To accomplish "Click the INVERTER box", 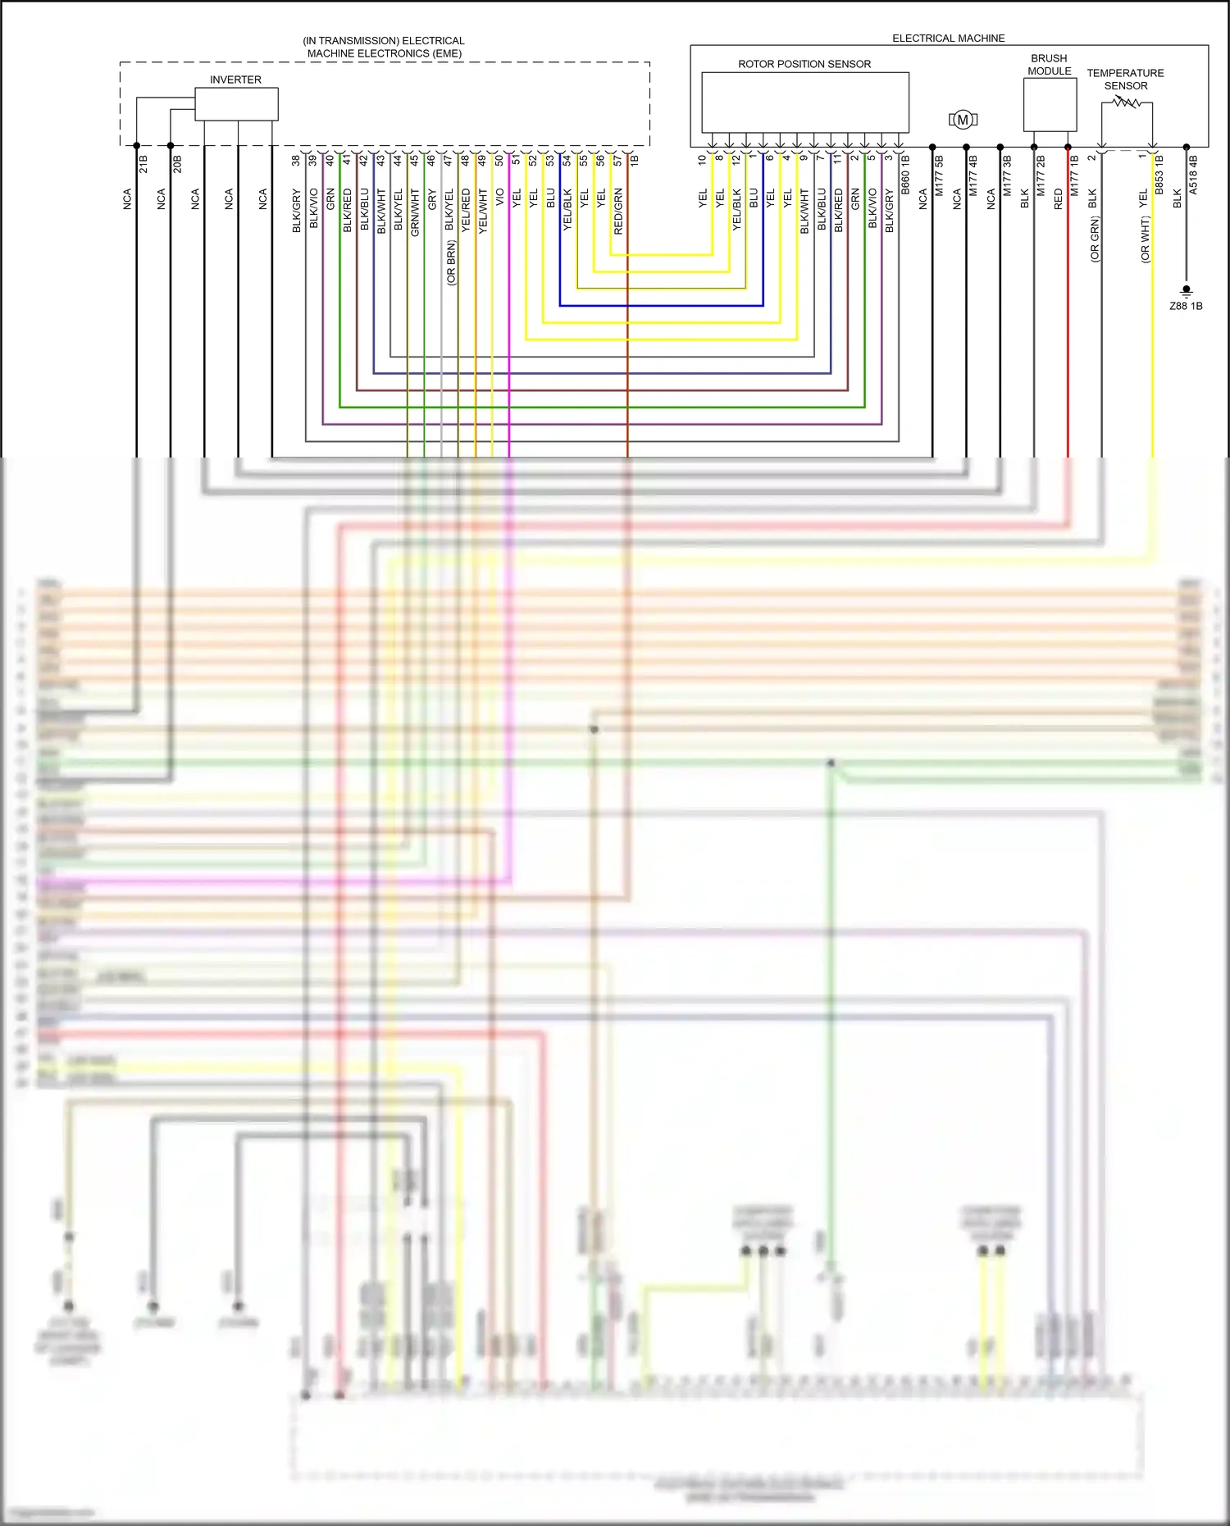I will (x=236, y=104).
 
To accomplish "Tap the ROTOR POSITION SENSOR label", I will (x=804, y=64).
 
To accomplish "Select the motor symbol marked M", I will (x=963, y=120).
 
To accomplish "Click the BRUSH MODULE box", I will (x=1050, y=104).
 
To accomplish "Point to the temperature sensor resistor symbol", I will (x=1127, y=102).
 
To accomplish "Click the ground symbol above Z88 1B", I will (x=1186, y=290).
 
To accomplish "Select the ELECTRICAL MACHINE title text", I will (x=948, y=39).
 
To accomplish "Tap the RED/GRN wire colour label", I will (x=618, y=212).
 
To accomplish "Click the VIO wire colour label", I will (x=499, y=197).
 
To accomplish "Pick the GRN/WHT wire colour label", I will (x=415, y=212).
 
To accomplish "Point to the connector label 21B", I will (x=143, y=164).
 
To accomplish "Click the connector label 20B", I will (x=177, y=164).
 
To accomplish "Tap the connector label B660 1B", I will (x=905, y=175).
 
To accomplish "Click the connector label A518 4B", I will (x=1193, y=175).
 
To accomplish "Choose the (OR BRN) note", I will (x=450, y=262).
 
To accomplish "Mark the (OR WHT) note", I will (x=1145, y=239).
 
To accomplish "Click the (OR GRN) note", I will (x=1094, y=239).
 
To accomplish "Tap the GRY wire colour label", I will (x=432, y=198).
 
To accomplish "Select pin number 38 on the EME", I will (x=296, y=161).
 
